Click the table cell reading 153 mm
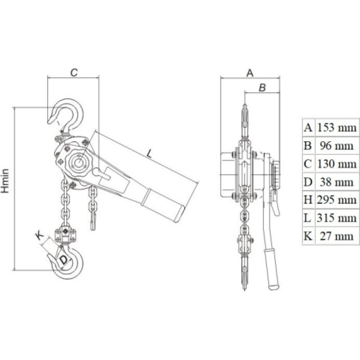pos(337,128)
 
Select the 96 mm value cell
pos(337,146)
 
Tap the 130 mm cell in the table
pos(337,164)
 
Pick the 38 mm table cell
pos(337,182)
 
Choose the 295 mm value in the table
pos(337,200)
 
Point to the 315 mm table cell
pos(337,218)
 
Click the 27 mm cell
pos(337,236)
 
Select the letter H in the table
pos(308,200)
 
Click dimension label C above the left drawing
pos(74,72)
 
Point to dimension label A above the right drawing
pos(250,73)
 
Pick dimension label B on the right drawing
pos(262,87)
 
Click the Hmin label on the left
pos(5,181)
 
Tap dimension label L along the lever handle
pos(149,153)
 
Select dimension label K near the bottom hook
pos(40,235)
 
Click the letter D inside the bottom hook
pos(63,260)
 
